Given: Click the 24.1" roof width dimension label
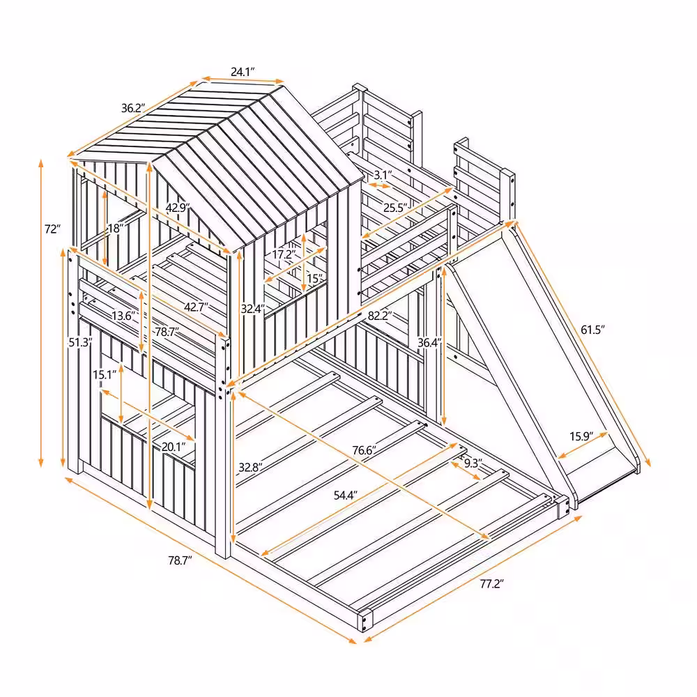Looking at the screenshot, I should [243, 71].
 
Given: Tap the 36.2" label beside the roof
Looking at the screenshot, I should [132, 108].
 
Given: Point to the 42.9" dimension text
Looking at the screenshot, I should [177, 207].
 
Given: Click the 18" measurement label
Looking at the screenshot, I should [116, 228].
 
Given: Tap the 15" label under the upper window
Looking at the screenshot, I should [316, 279].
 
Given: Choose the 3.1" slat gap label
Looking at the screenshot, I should [383, 174].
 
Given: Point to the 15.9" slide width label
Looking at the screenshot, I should [581, 437].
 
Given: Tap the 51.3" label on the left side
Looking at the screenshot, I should [79, 342].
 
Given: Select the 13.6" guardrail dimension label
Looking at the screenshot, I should [123, 316].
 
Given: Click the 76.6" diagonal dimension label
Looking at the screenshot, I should [365, 451].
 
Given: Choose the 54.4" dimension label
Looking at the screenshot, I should [345, 496].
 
